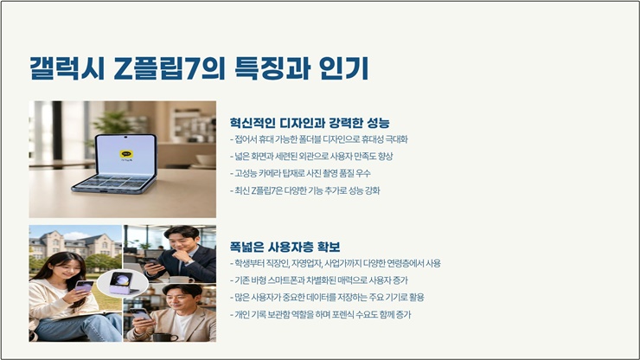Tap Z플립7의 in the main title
coord(170,67)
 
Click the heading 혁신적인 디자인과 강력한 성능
coord(310,123)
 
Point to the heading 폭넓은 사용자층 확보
coord(285,247)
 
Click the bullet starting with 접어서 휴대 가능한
coord(319,139)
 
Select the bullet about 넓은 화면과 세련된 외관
coord(311,156)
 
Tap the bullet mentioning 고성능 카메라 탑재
coord(300,173)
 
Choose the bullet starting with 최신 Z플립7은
coord(304,190)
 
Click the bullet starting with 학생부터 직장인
coord(335,264)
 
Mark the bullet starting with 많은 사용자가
coord(327,298)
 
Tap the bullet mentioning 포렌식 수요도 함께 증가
coord(320,315)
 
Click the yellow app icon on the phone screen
coord(126,154)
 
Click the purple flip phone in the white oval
coord(123,282)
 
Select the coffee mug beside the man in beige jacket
coord(166,337)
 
